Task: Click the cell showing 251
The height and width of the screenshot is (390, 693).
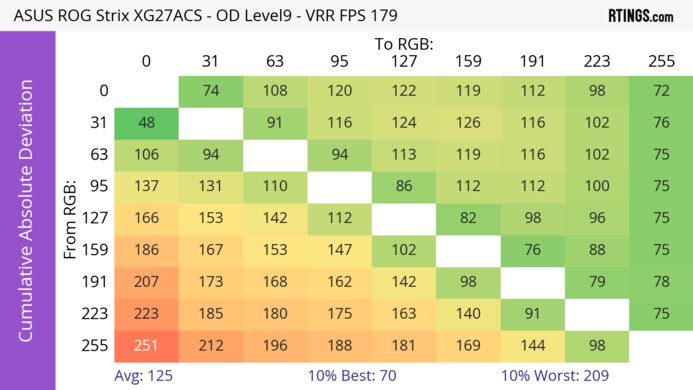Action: pos(146,347)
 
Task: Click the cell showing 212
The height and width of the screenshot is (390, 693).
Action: pos(210,347)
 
